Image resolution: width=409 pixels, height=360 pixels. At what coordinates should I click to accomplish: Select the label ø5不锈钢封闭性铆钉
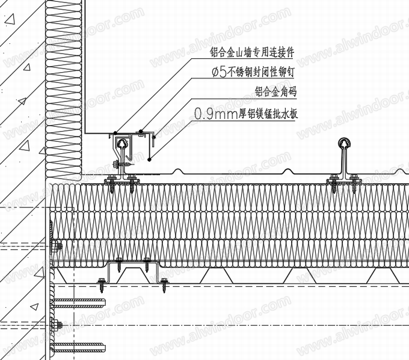tap(255, 73)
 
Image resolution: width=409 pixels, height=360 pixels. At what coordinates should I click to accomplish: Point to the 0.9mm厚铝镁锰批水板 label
tap(247, 112)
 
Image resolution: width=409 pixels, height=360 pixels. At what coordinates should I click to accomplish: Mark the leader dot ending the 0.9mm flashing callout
tap(147, 159)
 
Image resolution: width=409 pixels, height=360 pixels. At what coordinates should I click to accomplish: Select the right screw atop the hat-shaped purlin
tap(146, 262)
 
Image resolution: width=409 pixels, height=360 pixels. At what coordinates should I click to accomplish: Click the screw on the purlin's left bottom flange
tap(101, 282)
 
